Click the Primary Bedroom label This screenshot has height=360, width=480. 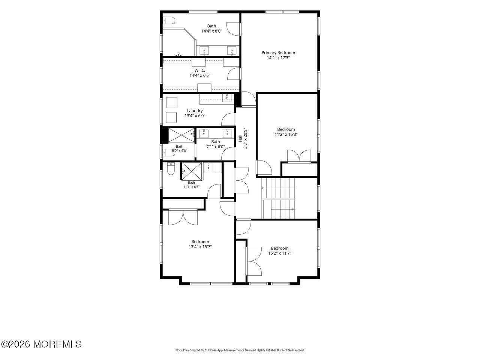click(x=278, y=52)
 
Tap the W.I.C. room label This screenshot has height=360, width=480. click(x=199, y=70)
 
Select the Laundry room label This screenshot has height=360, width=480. click(x=195, y=111)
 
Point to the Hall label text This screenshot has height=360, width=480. click(x=240, y=138)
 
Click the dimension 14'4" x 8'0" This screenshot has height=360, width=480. click(x=211, y=31)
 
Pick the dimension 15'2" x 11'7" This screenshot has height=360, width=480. click(x=280, y=253)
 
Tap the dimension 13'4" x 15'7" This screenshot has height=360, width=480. click(x=200, y=246)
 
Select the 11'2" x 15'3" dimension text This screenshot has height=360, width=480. click(x=286, y=134)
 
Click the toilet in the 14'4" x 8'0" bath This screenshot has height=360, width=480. click(x=169, y=21)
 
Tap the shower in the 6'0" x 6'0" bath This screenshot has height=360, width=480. click(x=181, y=135)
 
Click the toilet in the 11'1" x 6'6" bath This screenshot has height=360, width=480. click(x=171, y=168)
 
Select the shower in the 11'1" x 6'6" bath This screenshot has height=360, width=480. click(x=192, y=171)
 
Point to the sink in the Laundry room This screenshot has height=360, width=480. click(x=227, y=98)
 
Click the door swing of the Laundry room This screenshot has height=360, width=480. click(x=228, y=119)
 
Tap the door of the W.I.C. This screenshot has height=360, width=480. click(x=234, y=73)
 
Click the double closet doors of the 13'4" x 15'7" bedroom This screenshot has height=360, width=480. click(x=183, y=217)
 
